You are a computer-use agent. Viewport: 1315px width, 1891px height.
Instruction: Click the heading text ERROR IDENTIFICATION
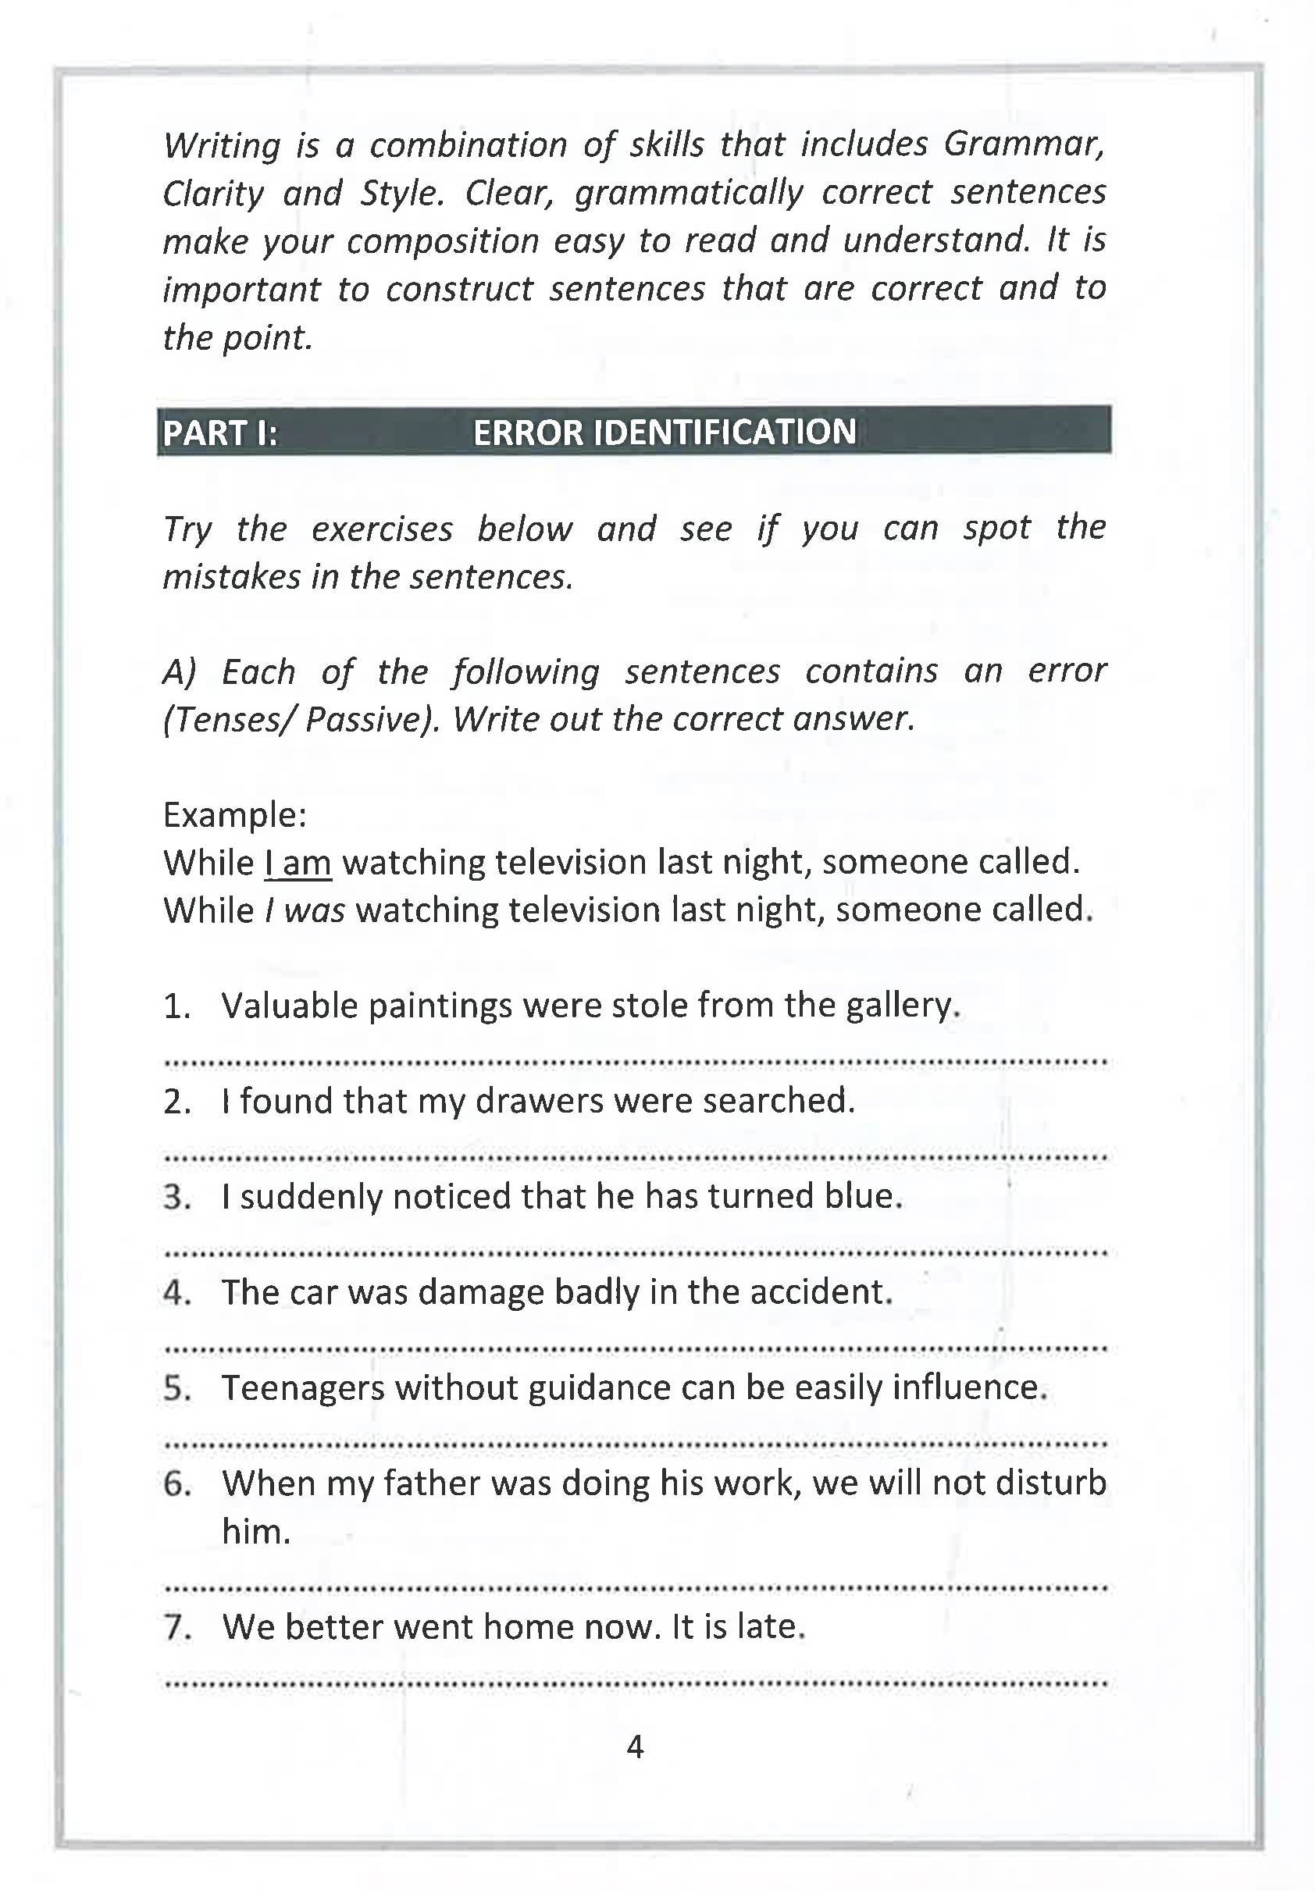[x=664, y=432]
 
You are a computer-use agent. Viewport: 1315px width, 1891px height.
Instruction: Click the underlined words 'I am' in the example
[x=298, y=862]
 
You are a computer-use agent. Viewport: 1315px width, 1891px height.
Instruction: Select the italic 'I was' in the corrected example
[x=304, y=910]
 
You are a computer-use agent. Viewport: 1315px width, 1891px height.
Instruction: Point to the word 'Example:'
[x=235, y=814]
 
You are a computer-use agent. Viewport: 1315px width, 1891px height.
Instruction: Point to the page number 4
[x=634, y=1746]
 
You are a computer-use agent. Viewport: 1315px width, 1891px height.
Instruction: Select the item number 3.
[x=177, y=1197]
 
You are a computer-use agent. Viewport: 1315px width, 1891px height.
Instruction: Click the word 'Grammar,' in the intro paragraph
[x=1022, y=144]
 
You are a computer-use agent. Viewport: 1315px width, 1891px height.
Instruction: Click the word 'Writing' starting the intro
[x=222, y=146]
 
